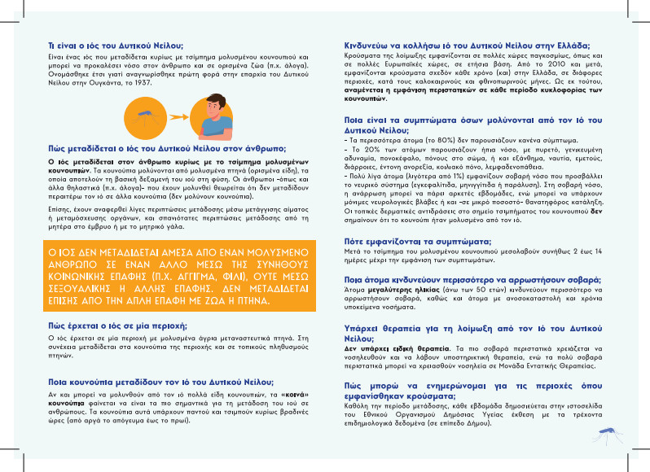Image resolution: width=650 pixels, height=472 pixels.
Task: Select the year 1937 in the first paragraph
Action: point(164,83)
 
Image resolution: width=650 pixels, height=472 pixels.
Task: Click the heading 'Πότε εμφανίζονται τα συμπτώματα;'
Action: point(416,243)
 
